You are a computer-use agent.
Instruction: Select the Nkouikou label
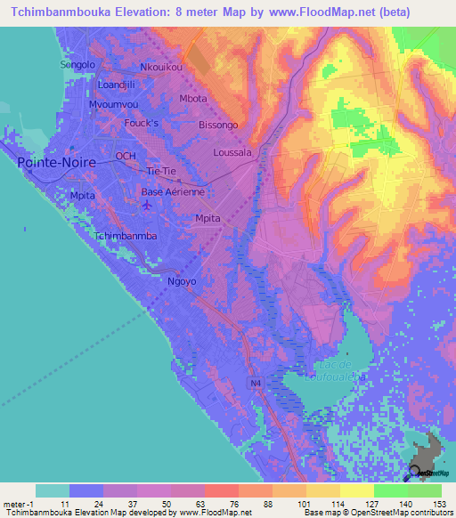[x=160, y=68]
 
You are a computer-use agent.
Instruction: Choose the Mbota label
[x=192, y=99]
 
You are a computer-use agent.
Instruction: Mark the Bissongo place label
[x=218, y=125]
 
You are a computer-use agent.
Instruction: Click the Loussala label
[x=232, y=153]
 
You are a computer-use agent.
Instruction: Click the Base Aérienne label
[x=174, y=191]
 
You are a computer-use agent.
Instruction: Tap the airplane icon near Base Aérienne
[x=147, y=206]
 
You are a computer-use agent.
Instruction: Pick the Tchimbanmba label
[x=126, y=236]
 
